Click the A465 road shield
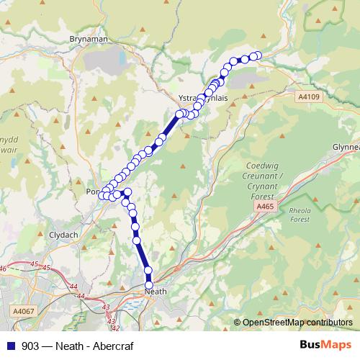pyautogui.click(x=265, y=207)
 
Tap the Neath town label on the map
pyautogui.click(x=156, y=292)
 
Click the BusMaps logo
pyautogui.click(x=325, y=345)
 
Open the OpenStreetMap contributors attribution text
pyautogui.click(x=297, y=323)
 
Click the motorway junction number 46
pyautogui.click(x=4, y=269)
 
